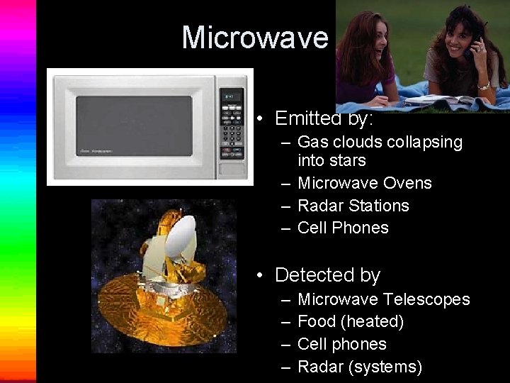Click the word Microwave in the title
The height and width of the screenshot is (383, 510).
[256, 38]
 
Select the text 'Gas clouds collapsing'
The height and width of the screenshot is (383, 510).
[380, 142]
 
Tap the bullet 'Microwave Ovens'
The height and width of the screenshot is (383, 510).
[364, 183]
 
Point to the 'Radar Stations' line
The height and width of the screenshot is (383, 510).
[353, 206]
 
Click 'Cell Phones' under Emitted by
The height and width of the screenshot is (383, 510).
[343, 228]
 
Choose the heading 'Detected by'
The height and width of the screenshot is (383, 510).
[327, 274]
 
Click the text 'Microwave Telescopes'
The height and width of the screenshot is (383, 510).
[383, 299]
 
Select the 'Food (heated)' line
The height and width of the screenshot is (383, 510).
[351, 321]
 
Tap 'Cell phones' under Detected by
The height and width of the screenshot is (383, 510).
[342, 344]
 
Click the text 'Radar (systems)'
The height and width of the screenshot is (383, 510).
[360, 367]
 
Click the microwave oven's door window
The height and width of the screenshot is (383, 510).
[135, 126]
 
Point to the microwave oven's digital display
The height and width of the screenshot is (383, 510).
[231, 97]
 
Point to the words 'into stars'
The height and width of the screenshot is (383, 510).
[331, 161]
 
